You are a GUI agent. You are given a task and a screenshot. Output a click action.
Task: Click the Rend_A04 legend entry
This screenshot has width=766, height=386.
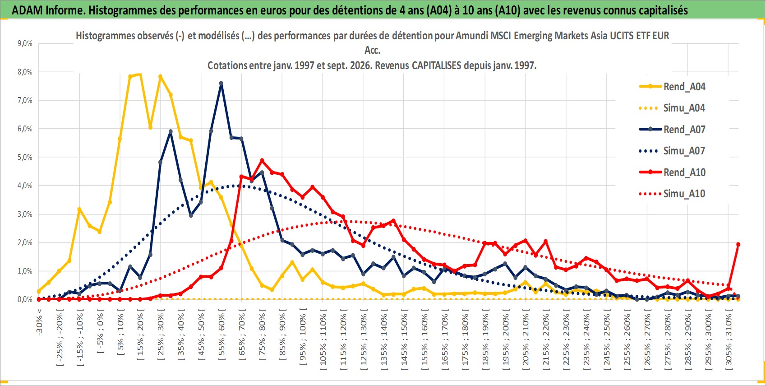[x=672, y=87]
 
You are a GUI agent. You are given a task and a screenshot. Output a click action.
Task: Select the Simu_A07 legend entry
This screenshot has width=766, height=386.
[x=672, y=151]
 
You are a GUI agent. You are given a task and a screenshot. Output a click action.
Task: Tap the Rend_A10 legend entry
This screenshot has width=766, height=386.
[x=672, y=172]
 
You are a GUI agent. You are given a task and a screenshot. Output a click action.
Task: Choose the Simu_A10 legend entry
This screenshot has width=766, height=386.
[x=672, y=194]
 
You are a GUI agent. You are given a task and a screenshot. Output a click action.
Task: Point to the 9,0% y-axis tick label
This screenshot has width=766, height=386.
[x=25, y=43]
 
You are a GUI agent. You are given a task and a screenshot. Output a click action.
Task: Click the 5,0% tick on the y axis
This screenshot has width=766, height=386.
[x=25, y=157]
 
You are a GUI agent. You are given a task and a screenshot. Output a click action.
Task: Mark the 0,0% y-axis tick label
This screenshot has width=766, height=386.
[x=25, y=299]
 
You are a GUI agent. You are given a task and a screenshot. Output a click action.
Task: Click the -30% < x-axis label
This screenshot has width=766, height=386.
[x=39, y=322]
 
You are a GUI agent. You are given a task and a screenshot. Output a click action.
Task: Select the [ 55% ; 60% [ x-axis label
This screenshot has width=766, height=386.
[x=221, y=335]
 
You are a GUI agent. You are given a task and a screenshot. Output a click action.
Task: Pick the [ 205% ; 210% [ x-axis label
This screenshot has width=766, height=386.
[x=526, y=337]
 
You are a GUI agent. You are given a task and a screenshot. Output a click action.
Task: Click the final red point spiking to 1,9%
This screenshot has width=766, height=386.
[x=738, y=244]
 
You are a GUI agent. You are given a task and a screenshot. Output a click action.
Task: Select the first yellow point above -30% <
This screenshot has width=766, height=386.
[x=39, y=292]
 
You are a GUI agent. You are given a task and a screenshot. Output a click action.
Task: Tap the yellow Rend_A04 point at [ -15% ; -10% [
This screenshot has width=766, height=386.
[x=79, y=209]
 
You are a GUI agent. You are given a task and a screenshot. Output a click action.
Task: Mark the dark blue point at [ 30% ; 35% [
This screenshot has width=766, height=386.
[x=171, y=131]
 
